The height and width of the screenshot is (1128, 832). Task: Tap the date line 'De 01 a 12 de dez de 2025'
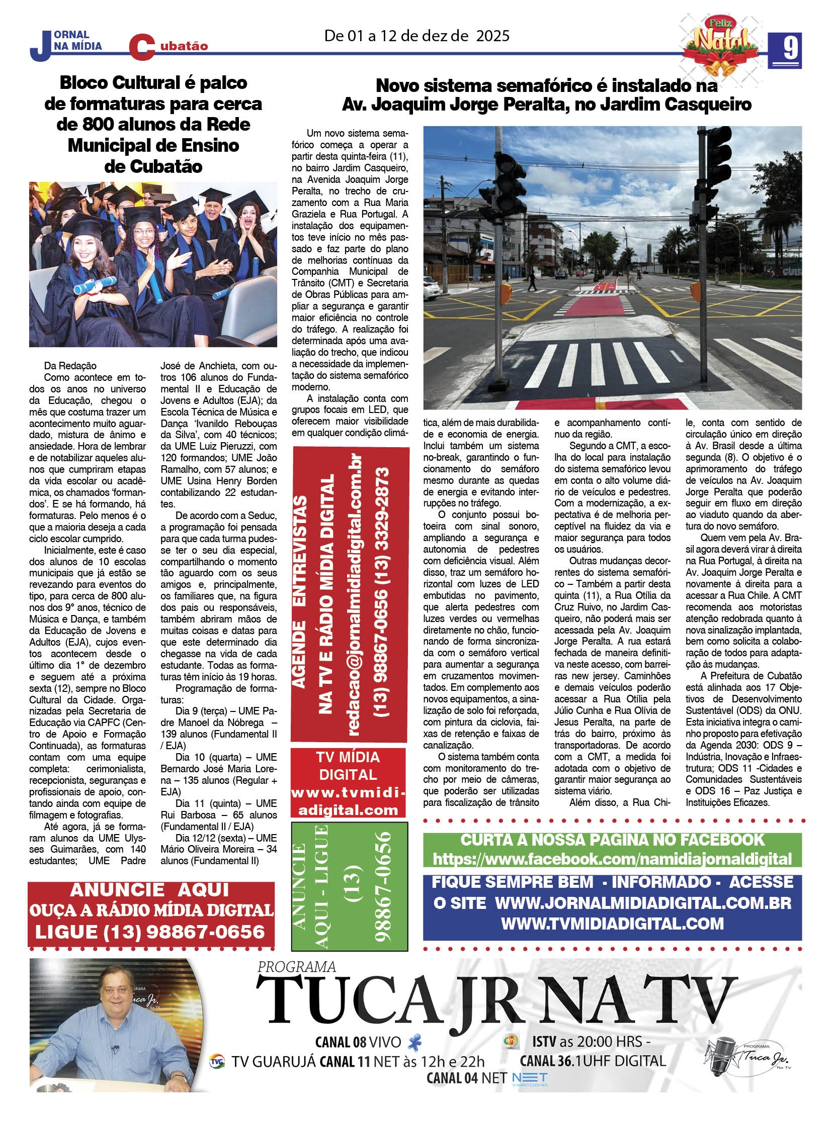[x=417, y=36]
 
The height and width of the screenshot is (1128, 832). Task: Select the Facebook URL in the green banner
[x=611, y=858]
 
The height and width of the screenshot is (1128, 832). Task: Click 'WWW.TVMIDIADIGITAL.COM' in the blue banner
[x=612, y=923]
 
